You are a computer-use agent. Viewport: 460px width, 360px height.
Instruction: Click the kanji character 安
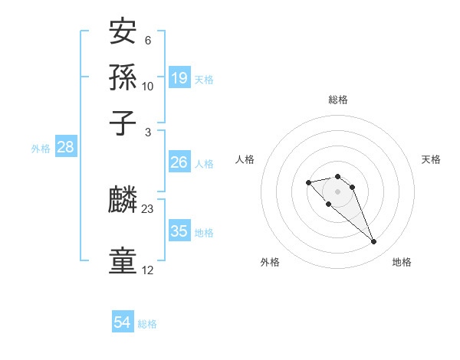pos(124,33)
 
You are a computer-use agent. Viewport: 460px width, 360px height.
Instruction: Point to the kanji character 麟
pos(124,199)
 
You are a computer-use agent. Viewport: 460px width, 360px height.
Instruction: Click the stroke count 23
pos(148,208)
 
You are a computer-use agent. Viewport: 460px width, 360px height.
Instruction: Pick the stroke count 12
pos(148,270)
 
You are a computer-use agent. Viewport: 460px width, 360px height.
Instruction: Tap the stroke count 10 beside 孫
pos(148,86)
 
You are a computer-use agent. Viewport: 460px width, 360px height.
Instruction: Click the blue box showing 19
pos(179,77)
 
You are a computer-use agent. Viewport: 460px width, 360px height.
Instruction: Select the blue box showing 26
pos(179,162)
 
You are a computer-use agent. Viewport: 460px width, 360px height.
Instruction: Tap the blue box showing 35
pos(179,231)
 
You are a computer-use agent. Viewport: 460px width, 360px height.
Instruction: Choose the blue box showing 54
pos(122,323)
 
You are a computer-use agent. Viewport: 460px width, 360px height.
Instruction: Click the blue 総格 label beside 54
pos(147,324)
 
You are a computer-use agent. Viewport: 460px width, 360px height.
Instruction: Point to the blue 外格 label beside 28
pos(41,149)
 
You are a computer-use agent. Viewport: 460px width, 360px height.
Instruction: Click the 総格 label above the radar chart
pos(337,100)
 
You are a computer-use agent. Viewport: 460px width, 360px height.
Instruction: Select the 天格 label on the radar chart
pos(431,159)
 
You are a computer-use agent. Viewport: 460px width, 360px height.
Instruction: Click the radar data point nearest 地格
pos(374,242)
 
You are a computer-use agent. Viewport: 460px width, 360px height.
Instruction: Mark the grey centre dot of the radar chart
pos(337,191)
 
